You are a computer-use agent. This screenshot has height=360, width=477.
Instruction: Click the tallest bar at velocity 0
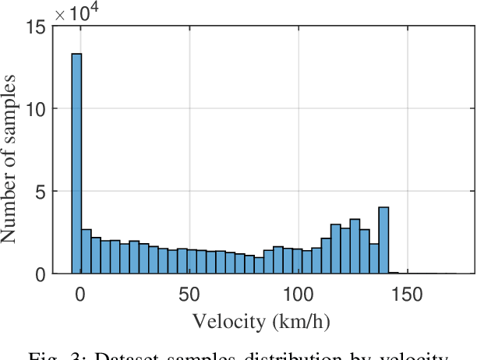click(77, 164)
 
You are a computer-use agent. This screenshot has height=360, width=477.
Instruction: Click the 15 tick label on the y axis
click(35, 26)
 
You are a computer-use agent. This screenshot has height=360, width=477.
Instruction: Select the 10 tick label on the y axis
click(35, 109)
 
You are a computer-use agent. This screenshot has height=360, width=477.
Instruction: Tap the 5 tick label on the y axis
click(40, 192)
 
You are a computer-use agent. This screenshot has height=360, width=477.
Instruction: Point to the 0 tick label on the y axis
click(40, 274)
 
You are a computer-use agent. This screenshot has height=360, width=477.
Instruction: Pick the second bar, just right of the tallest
click(87, 252)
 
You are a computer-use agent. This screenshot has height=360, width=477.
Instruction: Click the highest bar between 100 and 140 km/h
click(355, 246)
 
